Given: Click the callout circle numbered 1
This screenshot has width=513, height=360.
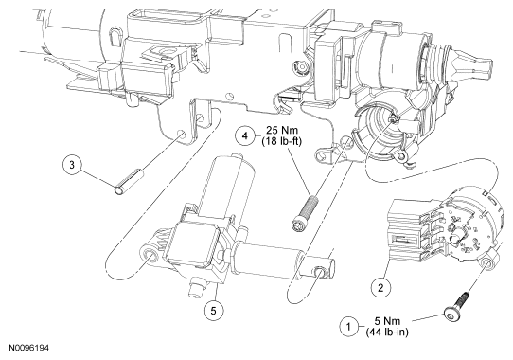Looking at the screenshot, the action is (348, 327).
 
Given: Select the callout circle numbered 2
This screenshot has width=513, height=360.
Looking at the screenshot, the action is (380, 288).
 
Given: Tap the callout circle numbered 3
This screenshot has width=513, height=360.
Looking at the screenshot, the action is (72, 165).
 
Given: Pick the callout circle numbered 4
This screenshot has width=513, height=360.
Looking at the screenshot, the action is (245, 135).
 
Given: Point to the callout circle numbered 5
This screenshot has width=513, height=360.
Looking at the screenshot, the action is (214, 311).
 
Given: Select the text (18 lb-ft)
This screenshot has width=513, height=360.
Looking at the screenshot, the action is (282, 142).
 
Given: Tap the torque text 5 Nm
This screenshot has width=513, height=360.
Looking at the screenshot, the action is (387, 321).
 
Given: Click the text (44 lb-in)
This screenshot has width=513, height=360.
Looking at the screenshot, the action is (387, 333).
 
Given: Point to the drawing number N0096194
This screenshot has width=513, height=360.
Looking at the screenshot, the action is (29, 348).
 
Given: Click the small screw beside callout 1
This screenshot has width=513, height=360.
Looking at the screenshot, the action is (457, 307).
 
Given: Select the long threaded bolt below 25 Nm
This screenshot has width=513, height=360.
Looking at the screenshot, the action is (304, 212).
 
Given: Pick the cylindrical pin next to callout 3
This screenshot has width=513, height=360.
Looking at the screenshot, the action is (129, 182).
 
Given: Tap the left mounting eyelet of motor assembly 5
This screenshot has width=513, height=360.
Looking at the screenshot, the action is (151, 254).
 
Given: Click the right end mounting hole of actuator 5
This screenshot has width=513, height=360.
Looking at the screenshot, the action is (320, 271).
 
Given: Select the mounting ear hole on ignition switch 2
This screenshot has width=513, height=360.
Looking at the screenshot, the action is (486, 263).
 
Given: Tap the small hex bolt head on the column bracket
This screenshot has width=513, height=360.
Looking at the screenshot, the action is (301, 68).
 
